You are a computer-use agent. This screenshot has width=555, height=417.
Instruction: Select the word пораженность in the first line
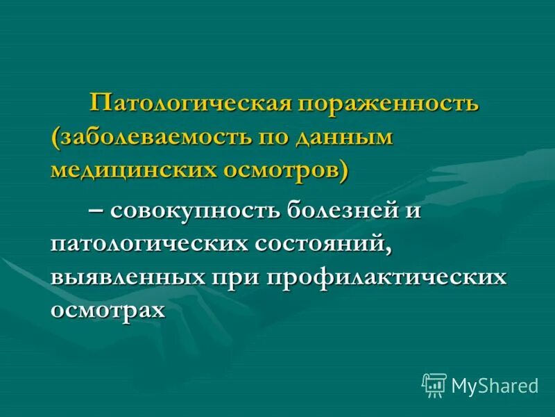[x=389, y=105]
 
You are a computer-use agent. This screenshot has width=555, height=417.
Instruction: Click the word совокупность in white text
[x=194, y=211]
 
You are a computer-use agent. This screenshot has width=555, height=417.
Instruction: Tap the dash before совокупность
[x=96, y=211]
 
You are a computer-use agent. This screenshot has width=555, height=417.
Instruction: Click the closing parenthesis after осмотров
[x=343, y=169]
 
